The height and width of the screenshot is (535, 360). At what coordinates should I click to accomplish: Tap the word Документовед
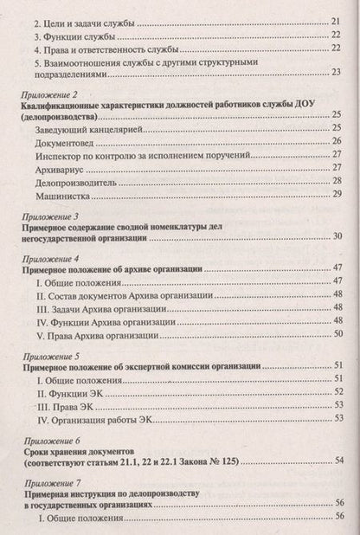tap(69, 140)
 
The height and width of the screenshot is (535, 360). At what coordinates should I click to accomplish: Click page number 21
tap(335, 22)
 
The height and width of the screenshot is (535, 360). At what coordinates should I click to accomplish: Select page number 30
tap(335, 237)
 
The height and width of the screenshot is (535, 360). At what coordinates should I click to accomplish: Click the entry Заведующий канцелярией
tap(88, 127)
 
